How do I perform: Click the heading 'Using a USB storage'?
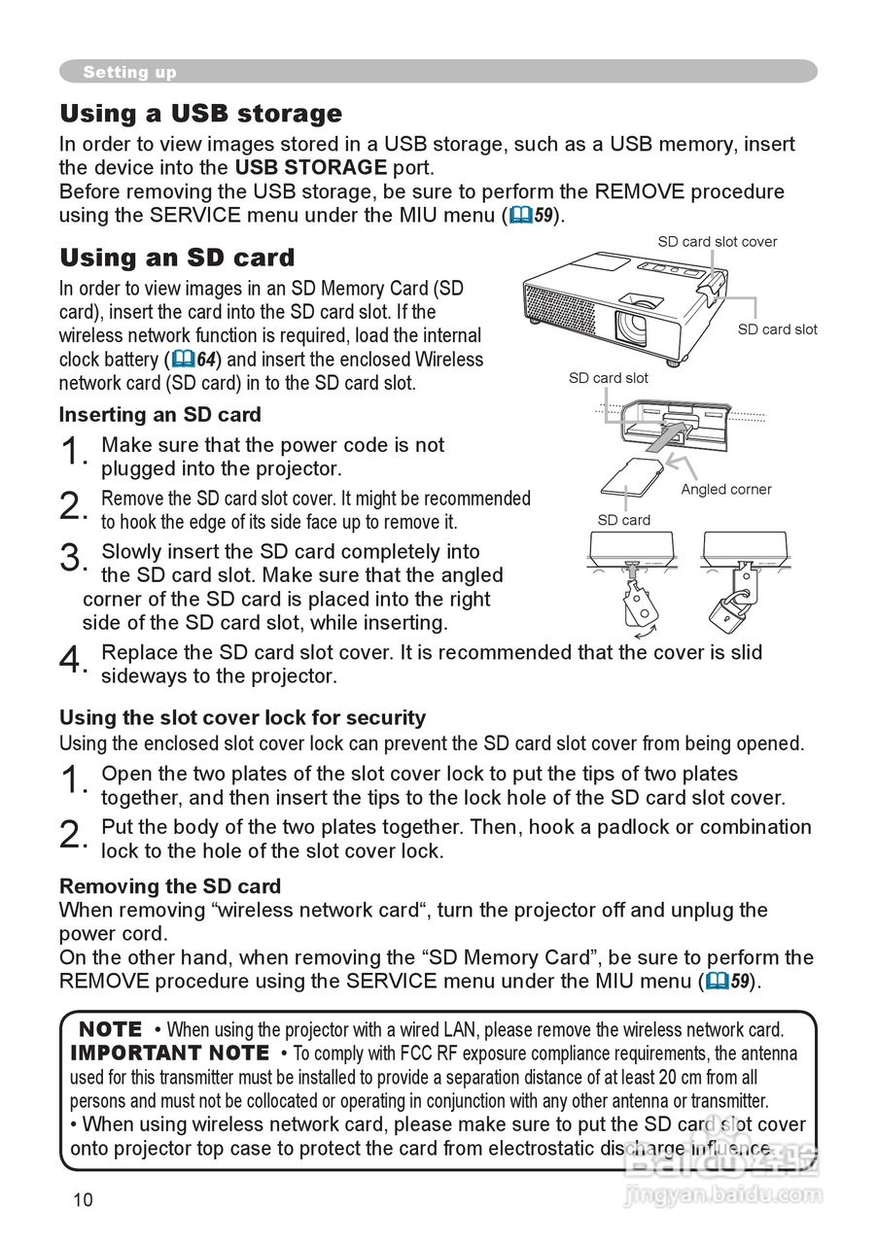(x=201, y=115)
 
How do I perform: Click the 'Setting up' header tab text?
(x=129, y=72)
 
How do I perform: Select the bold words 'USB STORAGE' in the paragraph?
(x=311, y=167)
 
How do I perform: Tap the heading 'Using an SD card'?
(x=177, y=259)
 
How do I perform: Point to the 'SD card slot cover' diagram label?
(x=717, y=242)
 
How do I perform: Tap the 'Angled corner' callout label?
(x=725, y=489)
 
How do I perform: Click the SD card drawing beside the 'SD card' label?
(x=631, y=480)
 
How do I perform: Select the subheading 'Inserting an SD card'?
(x=160, y=415)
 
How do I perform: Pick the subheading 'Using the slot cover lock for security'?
(x=243, y=718)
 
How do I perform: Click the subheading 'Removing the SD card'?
(x=170, y=886)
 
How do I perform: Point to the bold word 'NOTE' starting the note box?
(x=110, y=1029)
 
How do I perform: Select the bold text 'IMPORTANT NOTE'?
(x=169, y=1054)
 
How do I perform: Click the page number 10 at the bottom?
(x=83, y=1199)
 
